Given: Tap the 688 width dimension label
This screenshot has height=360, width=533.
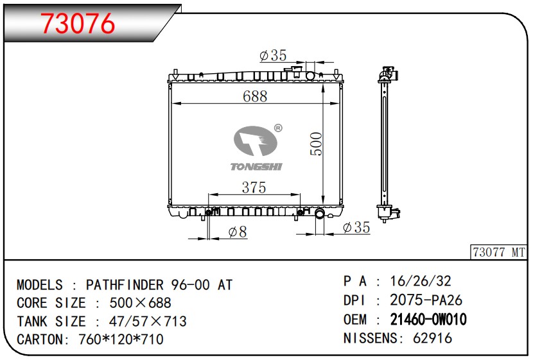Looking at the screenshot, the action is (255, 96).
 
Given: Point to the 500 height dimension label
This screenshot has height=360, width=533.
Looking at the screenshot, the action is (316, 144).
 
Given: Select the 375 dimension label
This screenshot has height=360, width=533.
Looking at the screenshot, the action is (254, 187).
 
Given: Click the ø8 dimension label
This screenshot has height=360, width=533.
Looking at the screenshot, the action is (238, 232).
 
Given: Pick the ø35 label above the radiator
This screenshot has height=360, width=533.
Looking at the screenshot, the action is (273, 55).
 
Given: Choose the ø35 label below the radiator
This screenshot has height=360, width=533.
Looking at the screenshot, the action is (356, 227).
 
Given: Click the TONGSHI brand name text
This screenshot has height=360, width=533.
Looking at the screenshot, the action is (256, 166).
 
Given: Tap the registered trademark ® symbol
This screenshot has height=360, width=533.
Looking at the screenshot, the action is (278, 128).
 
